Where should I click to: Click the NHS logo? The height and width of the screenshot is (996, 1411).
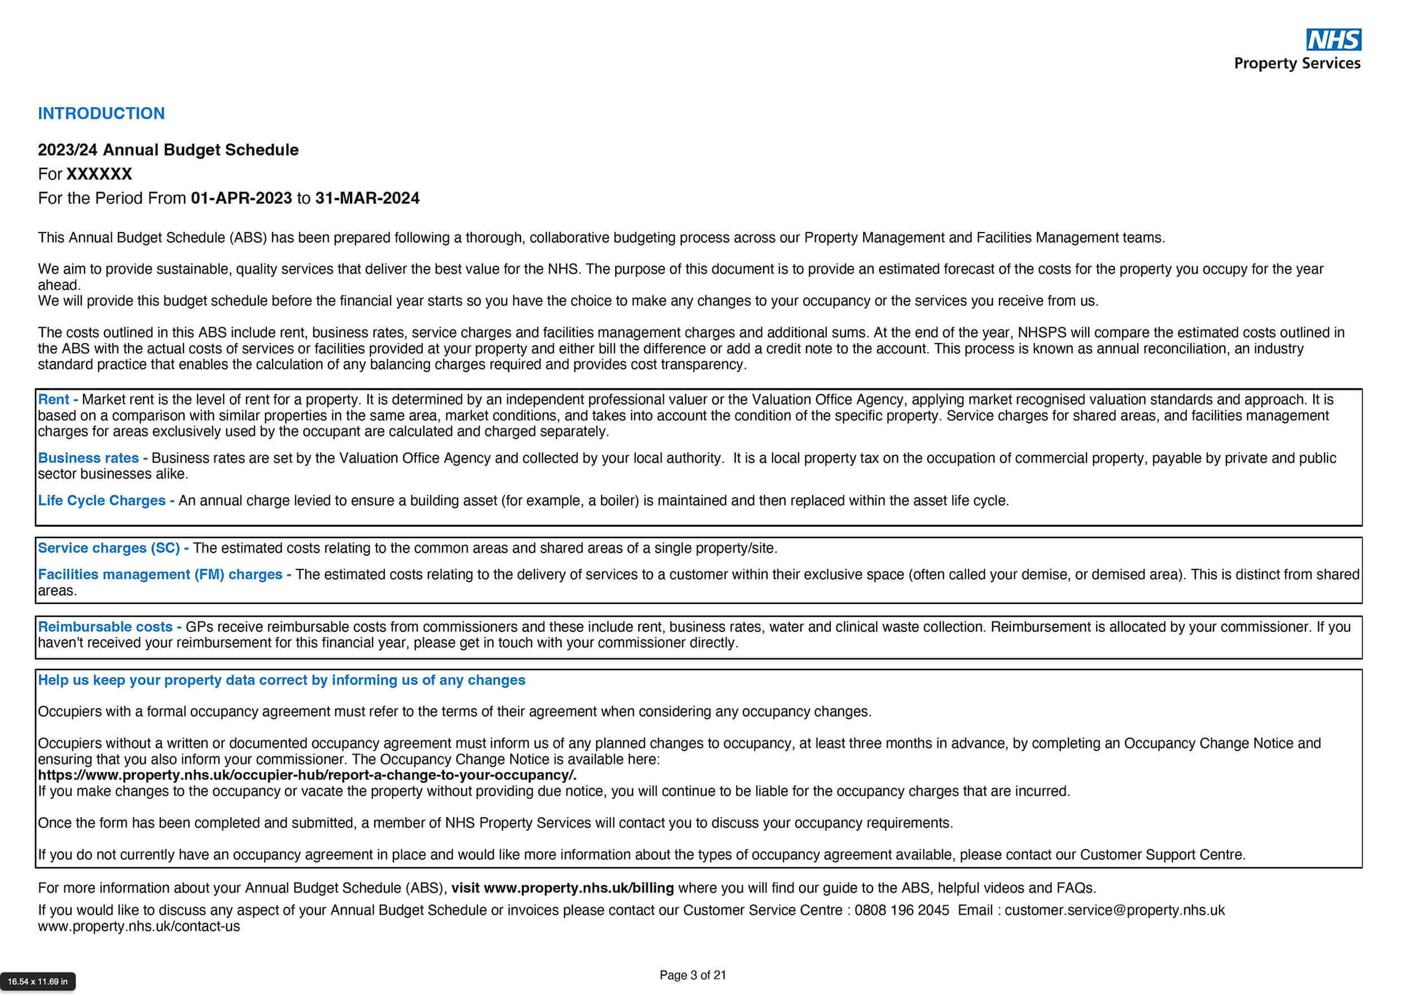pyautogui.click(x=1333, y=40)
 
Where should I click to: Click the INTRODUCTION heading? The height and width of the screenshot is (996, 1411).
pyautogui.click(x=102, y=113)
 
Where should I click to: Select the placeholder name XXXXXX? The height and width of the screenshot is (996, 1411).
pyautogui.click(x=99, y=174)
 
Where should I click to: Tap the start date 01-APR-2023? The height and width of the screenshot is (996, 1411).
pyautogui.click(x=241, y=199)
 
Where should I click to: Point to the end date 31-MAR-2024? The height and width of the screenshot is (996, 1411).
pyautogui.click(x=367, y=199)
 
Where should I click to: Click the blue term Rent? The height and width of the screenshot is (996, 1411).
pyautogui.click(x=54, y=400)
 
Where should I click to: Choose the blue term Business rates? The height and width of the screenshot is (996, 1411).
pyautogui.click(x=88, y=458)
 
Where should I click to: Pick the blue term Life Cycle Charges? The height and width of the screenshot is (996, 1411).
pyautogui.click(x=102, y=501)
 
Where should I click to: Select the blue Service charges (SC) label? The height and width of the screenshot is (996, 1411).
pyautogui.click(x=109, y=548)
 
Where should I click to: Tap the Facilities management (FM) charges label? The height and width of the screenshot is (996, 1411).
pyautogui.click(x=160, y=574)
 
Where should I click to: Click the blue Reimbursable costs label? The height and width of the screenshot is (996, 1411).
pyautogui.click(x=105, y=628)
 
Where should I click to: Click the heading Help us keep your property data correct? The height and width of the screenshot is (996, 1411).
pyautogui.click(x=282, y=680)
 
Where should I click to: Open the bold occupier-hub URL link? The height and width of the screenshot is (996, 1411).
pyautogui.click(x=307, y=775)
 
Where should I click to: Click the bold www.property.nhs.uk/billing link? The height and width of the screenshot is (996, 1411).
pyautogui.click(x=579, y=888)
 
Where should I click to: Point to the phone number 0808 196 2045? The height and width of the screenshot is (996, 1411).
pyautogui.click(x=901, y=911)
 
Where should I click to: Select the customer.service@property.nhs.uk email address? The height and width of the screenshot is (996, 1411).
pyautogui.click(x=1114, y=911)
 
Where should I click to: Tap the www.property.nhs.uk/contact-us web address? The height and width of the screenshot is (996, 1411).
pyautogui.click(x=139, y=927)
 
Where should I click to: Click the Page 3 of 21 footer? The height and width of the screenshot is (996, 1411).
pyautogui.click(x=693, y=975)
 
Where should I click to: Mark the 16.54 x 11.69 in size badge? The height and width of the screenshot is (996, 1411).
pyautogui.click(x=37, y=981)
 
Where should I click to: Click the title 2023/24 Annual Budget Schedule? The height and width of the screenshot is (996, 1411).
pyautogui.click(x=168, y=150)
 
